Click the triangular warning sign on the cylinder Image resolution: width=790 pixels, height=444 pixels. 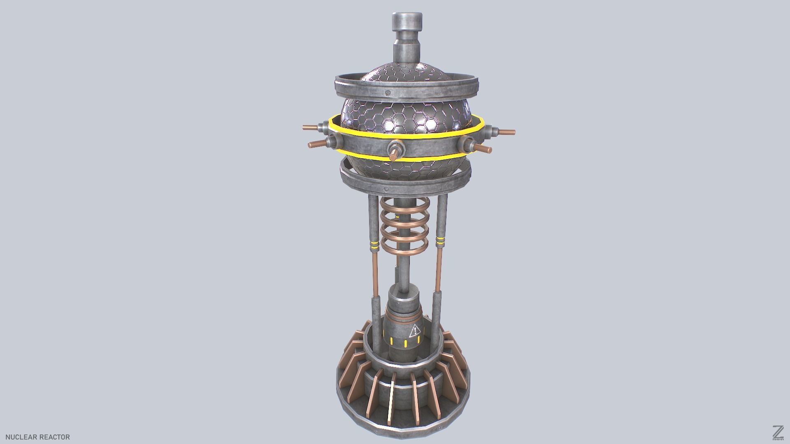(415, 330)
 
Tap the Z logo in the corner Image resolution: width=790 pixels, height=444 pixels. (778, 432)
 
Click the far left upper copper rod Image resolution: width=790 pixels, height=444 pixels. (311, 127)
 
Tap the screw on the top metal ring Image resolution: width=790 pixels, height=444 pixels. (388, 93)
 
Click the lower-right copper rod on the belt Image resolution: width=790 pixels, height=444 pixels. (483, 148)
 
